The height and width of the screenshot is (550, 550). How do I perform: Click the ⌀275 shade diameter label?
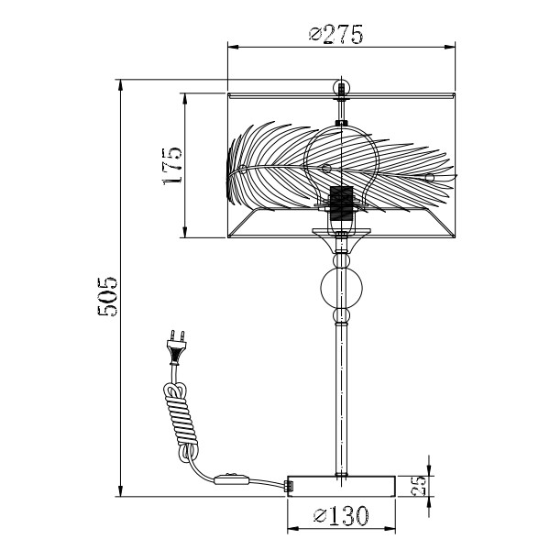(336, 34)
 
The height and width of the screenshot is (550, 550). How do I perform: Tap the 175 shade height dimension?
(172, 166)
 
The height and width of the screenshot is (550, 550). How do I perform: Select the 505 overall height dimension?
(107, 296)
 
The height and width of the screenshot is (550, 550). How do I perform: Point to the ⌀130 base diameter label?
(341, 515)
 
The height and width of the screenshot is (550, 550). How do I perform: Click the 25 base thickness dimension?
(418, 486)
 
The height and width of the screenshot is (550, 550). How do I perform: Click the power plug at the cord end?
(176, 347)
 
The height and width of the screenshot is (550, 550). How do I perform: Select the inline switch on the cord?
(231, 479)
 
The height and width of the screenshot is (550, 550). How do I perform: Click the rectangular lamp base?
(341, 486)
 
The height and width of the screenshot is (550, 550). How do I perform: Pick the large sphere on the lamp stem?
(341, 286)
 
